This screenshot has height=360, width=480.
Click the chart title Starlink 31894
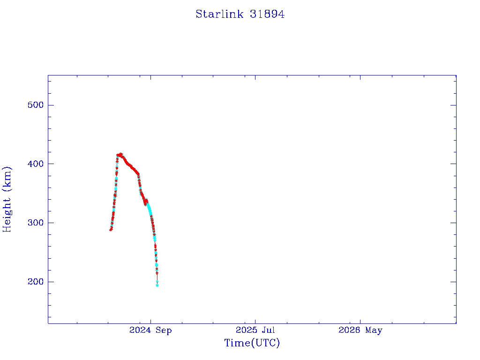coord(240,14)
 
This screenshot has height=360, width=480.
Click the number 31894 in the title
coord(267,14)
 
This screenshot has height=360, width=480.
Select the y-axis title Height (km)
coord(7,199)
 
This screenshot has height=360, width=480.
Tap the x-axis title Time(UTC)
coord(252,343)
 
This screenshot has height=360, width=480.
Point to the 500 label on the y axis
coord(36,105)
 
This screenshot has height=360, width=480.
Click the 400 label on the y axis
coord(36,164)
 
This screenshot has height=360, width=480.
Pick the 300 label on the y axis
coord(36,223)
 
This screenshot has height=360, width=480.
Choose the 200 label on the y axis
coord(36,282)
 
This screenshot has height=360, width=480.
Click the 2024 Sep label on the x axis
coord(150,330)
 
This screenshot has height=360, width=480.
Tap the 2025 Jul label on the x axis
coord(255,330)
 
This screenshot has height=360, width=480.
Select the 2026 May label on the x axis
coord(360,330)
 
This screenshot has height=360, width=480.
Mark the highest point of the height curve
coord(121,154)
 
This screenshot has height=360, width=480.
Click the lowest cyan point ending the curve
coord(157,285)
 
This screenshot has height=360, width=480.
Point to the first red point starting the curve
coord(111,230)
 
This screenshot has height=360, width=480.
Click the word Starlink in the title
coord(219,14)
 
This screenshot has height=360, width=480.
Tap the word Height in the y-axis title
coord(7,215)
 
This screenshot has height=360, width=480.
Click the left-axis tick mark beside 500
coord(51,105)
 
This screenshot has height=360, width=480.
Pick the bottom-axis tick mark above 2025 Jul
coord(255,321)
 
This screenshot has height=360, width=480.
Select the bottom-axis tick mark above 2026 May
coord(360,321)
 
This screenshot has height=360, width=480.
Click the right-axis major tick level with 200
coord(453,282)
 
